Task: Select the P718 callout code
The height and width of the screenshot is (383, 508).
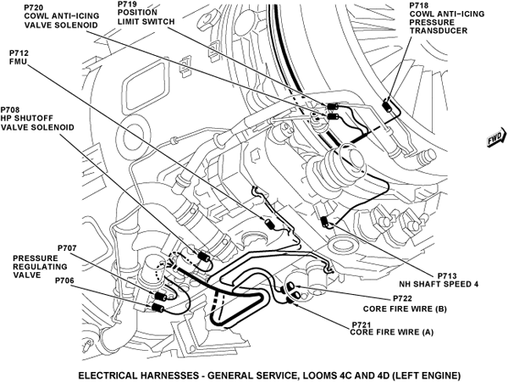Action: point(418,5)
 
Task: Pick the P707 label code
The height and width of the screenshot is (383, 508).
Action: point(67,247)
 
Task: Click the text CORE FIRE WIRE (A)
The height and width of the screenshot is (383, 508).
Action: point(391,333)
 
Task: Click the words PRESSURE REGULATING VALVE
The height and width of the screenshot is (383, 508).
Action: point(35,264)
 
